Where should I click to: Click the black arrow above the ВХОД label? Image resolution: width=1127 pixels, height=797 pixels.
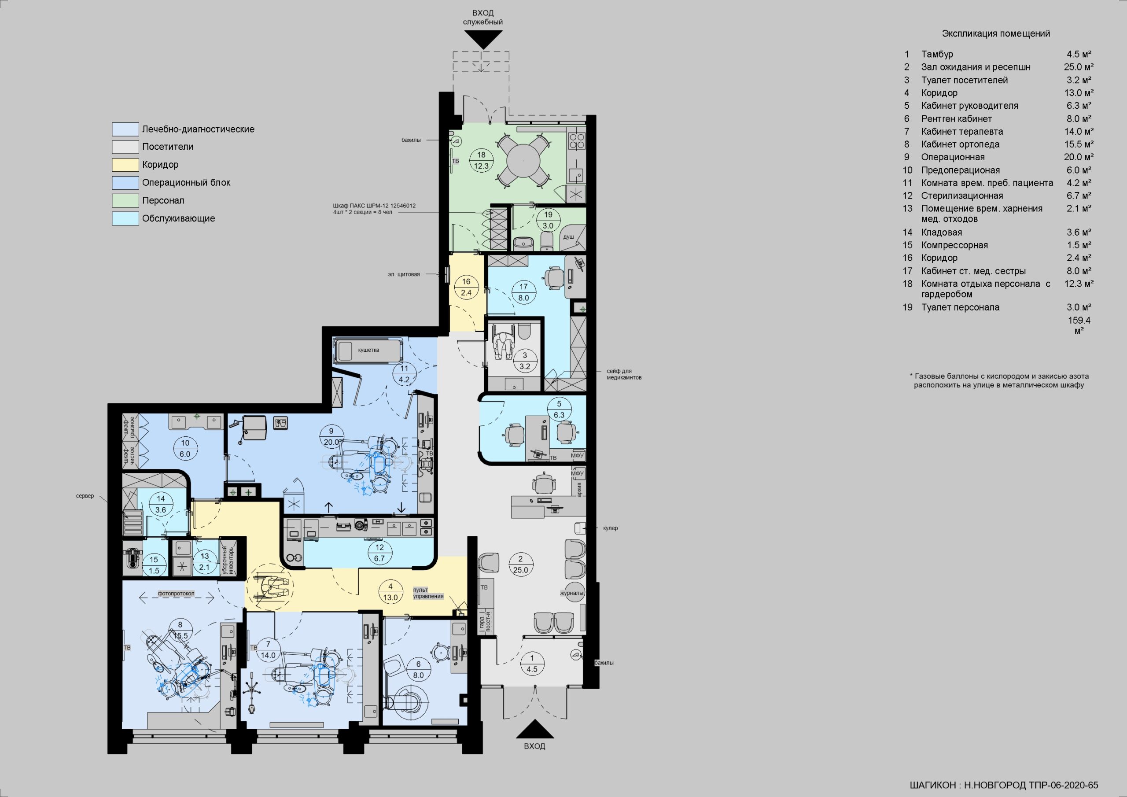534,730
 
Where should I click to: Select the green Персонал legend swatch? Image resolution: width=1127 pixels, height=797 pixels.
125,200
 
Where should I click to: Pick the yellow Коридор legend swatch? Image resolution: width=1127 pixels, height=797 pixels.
125,165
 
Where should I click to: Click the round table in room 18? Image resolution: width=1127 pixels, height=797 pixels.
523,161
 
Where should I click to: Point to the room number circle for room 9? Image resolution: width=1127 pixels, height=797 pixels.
331,436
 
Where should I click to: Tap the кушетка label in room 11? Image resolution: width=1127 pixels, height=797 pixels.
368,350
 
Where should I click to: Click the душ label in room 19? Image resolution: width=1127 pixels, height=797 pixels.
568,237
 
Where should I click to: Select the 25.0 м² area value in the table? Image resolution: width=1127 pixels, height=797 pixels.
1079,67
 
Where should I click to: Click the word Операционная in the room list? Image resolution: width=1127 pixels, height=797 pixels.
953,157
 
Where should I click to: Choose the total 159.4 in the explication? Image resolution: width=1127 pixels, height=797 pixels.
1079,320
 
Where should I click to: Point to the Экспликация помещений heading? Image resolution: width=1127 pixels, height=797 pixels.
996,33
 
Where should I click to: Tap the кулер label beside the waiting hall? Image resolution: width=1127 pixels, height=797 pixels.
611,528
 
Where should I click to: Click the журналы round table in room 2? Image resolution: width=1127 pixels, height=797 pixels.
572,593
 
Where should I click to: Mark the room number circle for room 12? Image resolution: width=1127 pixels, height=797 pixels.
379,553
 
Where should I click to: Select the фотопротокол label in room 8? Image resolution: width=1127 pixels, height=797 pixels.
176,594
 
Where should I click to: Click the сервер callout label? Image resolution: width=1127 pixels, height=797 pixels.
85,496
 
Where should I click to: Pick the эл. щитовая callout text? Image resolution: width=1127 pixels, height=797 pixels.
404,274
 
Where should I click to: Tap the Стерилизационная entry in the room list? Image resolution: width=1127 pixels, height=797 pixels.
962,196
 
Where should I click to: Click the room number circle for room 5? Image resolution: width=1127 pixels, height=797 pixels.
559,410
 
